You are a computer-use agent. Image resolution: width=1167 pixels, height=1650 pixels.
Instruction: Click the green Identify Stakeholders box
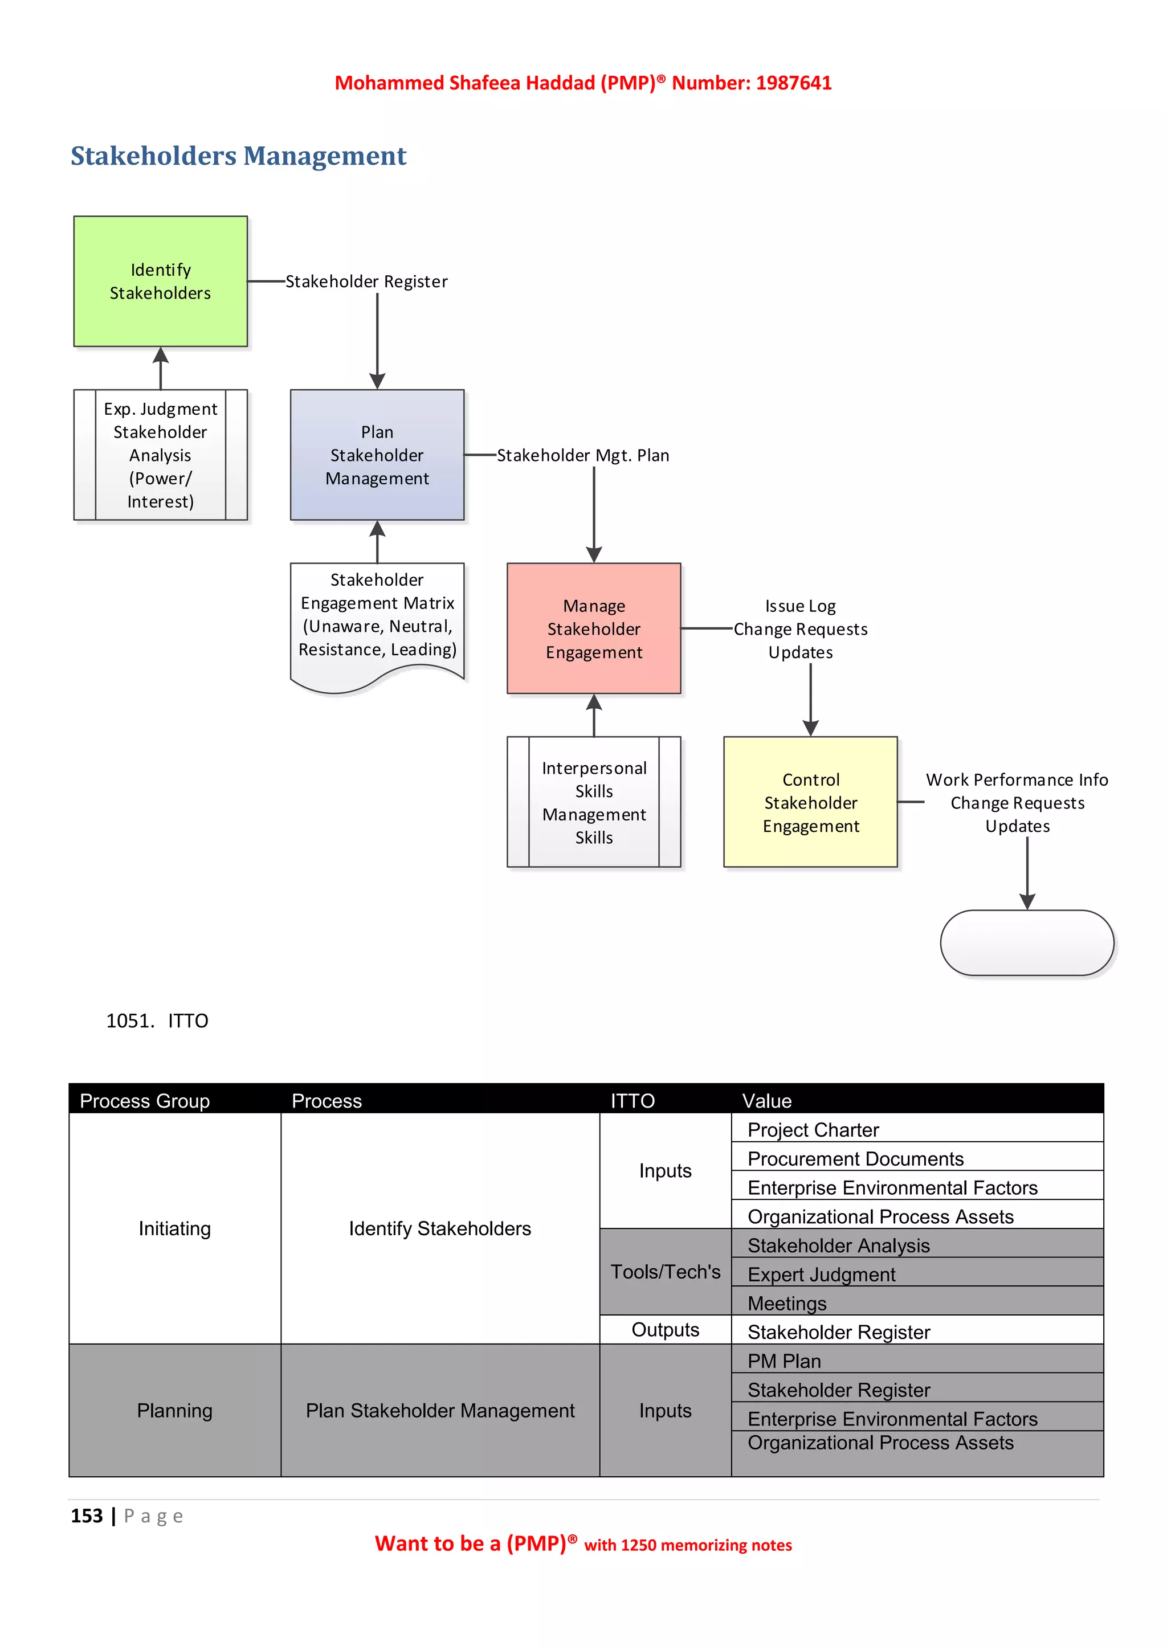(x=160, y=281)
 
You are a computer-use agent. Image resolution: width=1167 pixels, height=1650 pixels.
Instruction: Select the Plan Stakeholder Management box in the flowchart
(x=377, y=455)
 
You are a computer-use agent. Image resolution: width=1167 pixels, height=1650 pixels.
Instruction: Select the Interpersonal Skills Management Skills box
(x=594, y=802)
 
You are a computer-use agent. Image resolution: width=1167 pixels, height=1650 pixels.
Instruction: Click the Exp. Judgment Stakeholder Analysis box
(x=160, y=455)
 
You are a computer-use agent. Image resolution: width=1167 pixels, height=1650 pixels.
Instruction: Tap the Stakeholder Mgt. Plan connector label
(x=583, y=456)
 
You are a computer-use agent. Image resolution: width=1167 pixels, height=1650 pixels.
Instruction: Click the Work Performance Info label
(x=1016, y=780)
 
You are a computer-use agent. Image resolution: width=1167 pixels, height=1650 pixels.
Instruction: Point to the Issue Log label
(x=800, y=606)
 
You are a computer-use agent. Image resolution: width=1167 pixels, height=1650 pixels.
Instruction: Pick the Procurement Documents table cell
(x=855, y=1158)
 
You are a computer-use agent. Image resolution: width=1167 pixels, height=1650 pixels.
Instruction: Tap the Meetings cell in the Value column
(x=787, y=1303)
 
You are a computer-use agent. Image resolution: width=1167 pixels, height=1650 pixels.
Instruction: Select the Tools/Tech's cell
(x=665, y=1271)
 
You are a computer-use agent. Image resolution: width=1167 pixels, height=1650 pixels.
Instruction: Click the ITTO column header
(x=633, y=1100)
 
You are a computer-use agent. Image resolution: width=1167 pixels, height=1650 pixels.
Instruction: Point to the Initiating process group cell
(x=174, y=1228)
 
